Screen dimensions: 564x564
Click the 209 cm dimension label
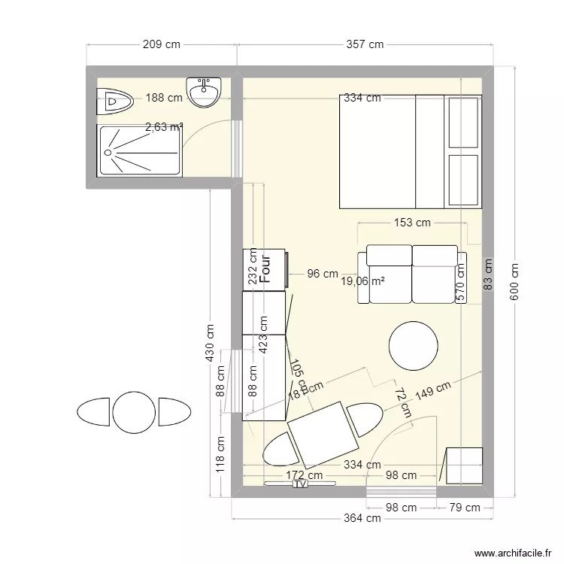tap(162, 44)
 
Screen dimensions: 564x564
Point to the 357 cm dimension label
tap(365, 44)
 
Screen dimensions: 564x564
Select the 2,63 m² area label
tap(164, 127)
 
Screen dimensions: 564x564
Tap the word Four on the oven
tap(265, 268)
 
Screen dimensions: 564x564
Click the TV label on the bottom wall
tap(301, 485)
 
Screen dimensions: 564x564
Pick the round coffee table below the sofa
tap(413, 346)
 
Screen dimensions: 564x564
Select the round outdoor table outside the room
tap(134, 412)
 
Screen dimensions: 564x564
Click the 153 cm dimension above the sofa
tap(412, 223)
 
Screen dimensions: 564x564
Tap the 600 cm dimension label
tap(515, 282)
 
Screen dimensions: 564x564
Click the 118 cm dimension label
tap(220, 456)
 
